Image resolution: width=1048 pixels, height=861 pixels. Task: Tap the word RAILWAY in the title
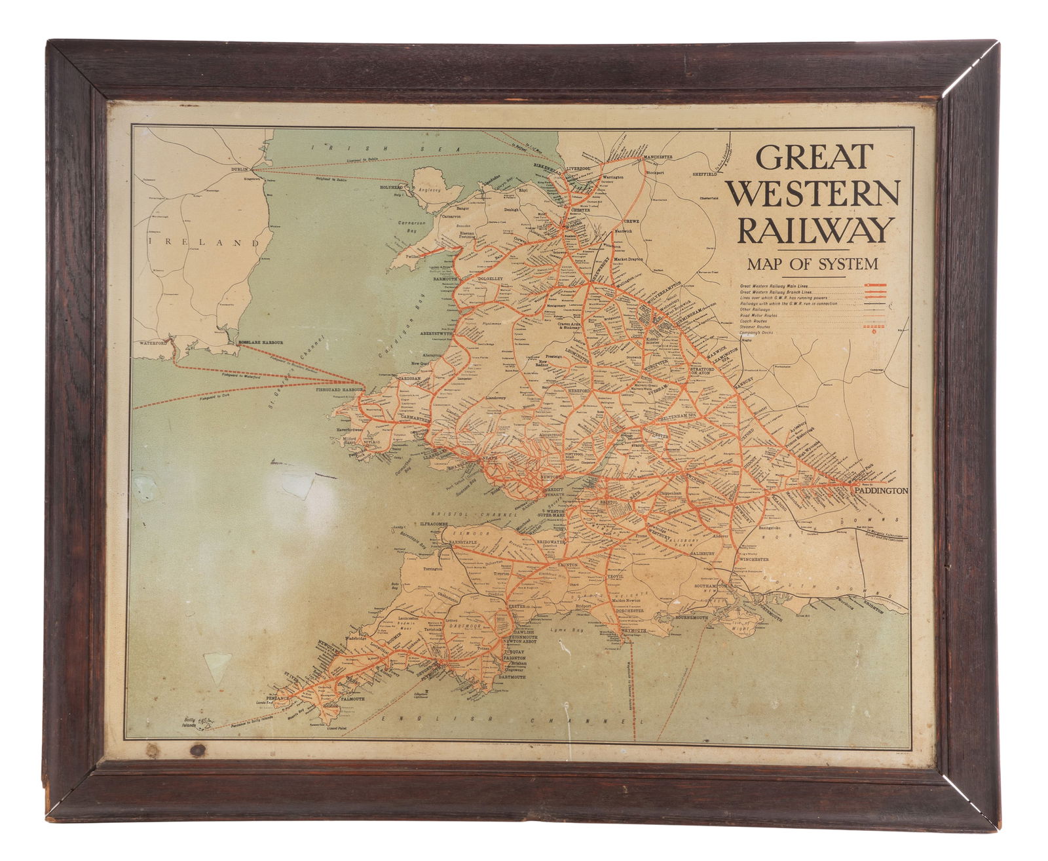[815, 231]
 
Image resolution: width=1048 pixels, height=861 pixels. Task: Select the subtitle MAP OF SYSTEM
[812, 264]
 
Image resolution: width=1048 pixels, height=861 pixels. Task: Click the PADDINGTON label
[880, 490]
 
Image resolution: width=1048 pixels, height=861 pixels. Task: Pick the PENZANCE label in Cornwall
[273, 698]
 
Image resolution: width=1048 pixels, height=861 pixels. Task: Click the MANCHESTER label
[657, 157]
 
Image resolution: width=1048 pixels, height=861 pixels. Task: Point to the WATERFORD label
[154, 343]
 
